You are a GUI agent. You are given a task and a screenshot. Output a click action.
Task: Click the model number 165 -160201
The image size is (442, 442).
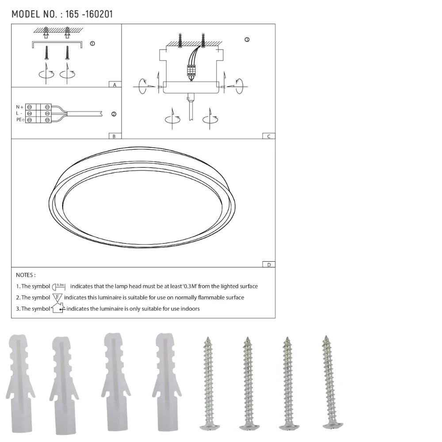click(88, 14)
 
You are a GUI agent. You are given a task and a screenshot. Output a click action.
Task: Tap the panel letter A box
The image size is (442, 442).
click(114, 84)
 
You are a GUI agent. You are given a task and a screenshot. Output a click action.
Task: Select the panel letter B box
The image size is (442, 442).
click(114, 136)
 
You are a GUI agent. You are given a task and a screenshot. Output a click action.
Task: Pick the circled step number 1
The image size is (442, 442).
click(92, 44)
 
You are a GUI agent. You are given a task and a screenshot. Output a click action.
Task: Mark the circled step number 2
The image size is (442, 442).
click(114, 114)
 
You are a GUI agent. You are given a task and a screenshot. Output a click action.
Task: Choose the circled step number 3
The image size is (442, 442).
click(247, 40)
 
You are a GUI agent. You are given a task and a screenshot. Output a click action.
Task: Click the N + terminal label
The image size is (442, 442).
click(19, 107)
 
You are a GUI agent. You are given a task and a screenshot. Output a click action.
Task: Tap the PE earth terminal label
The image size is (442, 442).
click(20, 120)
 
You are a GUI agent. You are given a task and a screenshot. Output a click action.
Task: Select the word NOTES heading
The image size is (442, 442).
click(26, 275)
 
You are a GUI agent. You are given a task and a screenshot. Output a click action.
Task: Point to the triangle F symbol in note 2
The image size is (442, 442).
click(57, 297)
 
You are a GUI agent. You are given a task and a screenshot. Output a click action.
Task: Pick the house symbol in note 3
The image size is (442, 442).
click(58, 308)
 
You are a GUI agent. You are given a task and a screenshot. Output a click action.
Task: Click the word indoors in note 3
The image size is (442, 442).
click(189, 309)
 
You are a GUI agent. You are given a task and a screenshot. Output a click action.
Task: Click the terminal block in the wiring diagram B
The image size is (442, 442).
click(38, 114)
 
